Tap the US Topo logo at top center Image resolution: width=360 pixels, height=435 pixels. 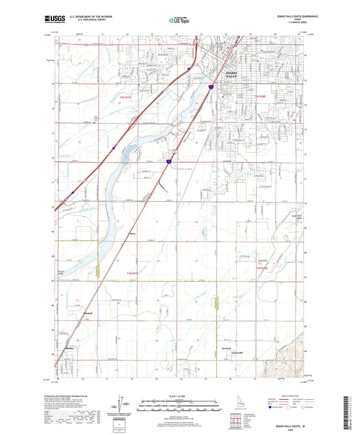tap(179, 21)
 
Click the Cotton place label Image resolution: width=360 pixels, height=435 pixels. tap(132, 234)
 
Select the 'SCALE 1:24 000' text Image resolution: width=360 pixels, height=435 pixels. tap(179, 396)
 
